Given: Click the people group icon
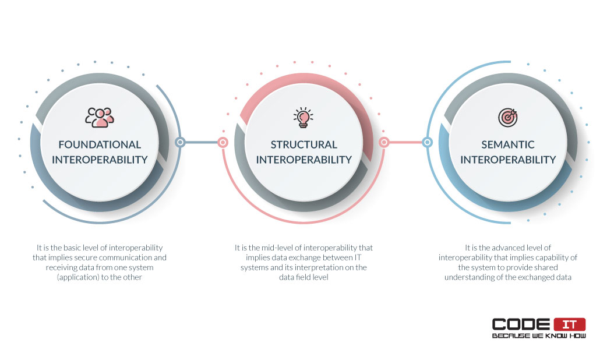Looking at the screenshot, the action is pos(100,117).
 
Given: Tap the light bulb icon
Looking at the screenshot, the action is pos(303,117).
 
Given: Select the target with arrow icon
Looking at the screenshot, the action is pos(508,117).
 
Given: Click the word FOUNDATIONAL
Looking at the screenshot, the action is pos(100,144).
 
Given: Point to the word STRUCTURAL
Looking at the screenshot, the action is pos(304,144).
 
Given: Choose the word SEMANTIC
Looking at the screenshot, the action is pos(508,144).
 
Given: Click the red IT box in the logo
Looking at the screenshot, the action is pos(570,324).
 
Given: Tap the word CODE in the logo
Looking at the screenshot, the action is pos(521,324).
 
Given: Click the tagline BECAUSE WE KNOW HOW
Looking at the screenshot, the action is pos(539,336).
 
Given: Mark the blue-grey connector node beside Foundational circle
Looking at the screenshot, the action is pos(180,142).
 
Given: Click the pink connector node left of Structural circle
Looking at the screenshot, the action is pos(223,143).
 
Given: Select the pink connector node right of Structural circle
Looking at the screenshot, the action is pos(384,142).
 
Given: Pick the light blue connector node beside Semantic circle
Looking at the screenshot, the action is pos(428,142).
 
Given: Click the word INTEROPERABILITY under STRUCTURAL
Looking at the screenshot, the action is pos(304,160).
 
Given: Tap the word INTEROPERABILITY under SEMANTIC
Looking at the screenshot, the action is pos(508,160).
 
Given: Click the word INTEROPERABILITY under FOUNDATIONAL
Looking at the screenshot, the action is pos(100,160).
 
